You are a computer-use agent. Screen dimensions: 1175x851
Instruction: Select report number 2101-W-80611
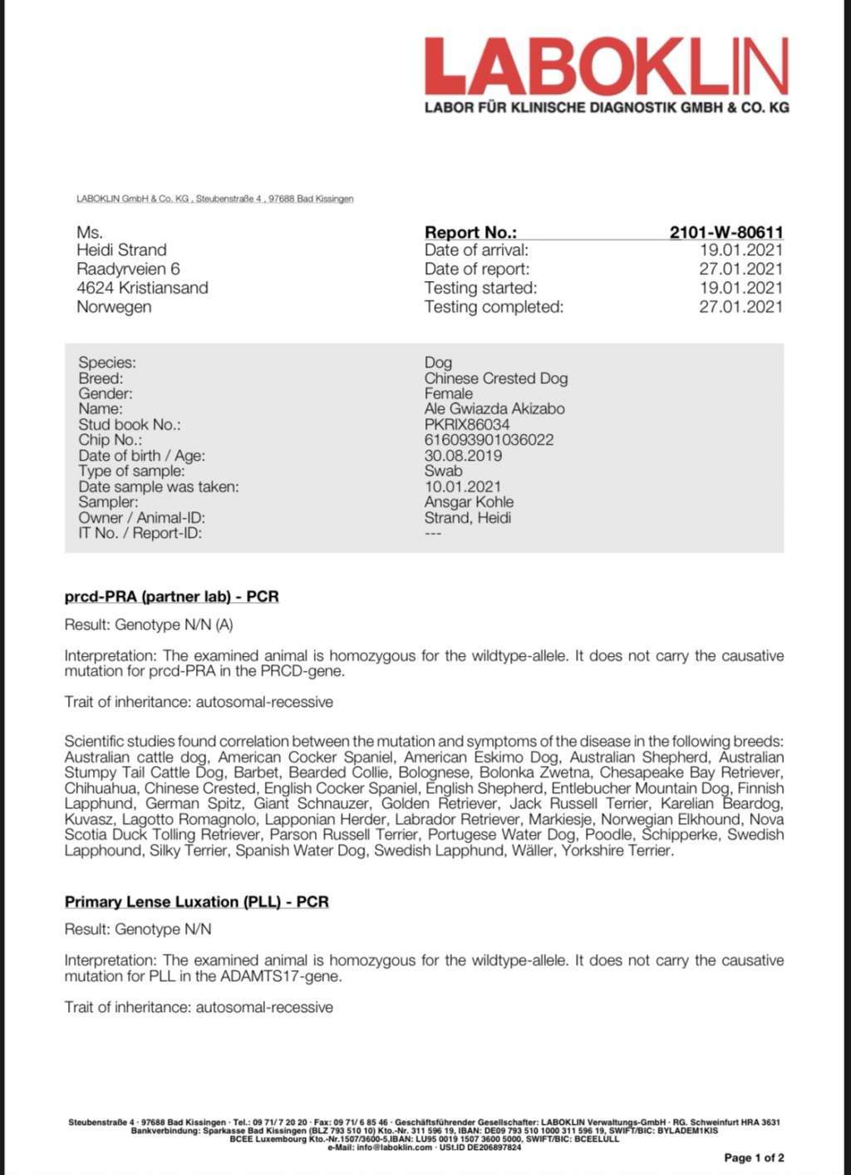tap(726, 233)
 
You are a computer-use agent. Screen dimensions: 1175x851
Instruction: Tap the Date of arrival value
tap(740, 250)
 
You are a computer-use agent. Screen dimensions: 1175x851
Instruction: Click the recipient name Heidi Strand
tap(121, 250)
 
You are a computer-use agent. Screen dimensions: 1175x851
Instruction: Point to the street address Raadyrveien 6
tap(128, 269)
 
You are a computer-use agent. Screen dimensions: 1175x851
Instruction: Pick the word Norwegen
tap(114, 307)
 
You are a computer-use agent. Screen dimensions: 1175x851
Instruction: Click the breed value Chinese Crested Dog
tap(496, 378)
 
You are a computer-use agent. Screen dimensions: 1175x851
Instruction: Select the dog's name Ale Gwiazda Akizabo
tap(494, 409)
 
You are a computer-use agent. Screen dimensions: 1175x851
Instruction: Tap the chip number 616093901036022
tap(489, 440)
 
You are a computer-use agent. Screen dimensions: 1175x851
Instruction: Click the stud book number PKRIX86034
tap(467, 424)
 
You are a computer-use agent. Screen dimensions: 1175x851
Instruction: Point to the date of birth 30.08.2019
tap(463, 456)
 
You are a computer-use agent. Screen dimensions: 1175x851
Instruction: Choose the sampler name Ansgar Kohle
tap(469, 502)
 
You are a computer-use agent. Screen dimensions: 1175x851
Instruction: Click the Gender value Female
tap(448, 393)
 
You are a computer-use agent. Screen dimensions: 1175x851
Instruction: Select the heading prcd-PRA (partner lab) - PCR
tap(171, 597)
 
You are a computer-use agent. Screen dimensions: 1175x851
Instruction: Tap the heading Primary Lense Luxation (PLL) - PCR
tap(196, 902)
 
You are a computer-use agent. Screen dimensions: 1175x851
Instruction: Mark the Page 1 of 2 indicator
tap(754, 1158)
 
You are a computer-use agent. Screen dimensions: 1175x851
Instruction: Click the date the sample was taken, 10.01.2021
tap(463, 486)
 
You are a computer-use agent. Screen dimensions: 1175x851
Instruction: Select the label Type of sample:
tap(131, 471)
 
